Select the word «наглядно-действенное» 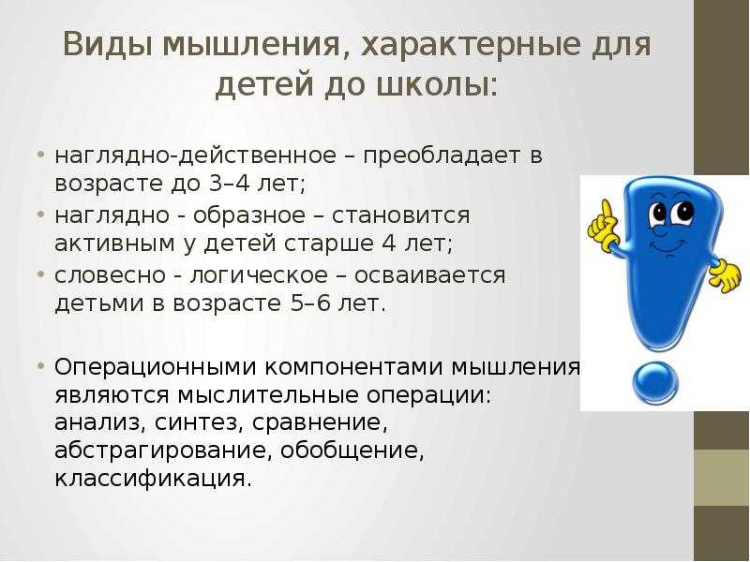(x=196, y=156)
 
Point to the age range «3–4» (x=230, y=184)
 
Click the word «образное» (x=248, y=214)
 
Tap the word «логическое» (x=260, y=276)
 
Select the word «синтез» (x=196, y=423)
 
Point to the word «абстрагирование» (x=162, y=451)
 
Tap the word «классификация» (x=153, y=480)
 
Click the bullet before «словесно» (x=41, y=274)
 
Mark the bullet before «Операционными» (x=41, y=366)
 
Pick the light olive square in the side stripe (x=722, y=478)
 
